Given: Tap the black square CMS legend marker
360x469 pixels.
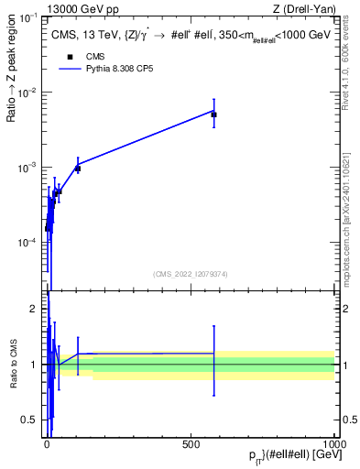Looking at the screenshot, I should [x=70, y=56].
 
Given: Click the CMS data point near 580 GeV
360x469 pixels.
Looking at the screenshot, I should [x=213, y=115].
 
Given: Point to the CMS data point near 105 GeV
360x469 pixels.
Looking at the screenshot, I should [x=78, y=169].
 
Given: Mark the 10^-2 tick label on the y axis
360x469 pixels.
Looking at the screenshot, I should [x=29, y=93].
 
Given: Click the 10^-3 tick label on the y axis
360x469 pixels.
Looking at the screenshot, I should [x=29, y=168].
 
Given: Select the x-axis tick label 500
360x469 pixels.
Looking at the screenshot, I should [x=191, y=442].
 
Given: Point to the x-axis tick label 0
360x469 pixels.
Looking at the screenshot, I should [x=48, y=442].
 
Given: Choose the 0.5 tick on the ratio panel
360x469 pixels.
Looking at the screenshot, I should [x=34, y=420].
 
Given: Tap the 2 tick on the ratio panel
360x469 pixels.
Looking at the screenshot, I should [x=38, y=310].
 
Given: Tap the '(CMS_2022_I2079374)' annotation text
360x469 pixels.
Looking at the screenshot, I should [x=191, y=272].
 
